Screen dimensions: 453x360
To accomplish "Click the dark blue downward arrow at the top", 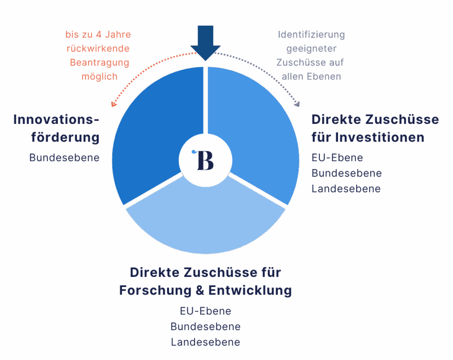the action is coord(205,42).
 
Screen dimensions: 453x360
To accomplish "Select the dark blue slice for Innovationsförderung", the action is coord(153,127).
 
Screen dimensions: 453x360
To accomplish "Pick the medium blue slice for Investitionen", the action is coord(257,127).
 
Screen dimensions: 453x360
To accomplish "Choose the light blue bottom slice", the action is coord(206,220).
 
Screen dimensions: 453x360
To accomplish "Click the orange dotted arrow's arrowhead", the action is coord(114,104).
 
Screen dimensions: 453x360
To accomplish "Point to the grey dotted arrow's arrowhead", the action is coord(297,104).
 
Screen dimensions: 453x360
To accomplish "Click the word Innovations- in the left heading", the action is coord(56,119).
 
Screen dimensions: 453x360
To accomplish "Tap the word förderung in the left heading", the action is coord(65,137).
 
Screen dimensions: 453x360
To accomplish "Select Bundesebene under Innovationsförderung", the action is coord(65,158).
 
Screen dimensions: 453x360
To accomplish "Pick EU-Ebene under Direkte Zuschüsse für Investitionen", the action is coord(337,158).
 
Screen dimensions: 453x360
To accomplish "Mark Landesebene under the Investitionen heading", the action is coord(346,189).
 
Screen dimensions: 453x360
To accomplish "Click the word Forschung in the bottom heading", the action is coord(155,291).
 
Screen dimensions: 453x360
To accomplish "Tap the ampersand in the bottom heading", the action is coord(200,291).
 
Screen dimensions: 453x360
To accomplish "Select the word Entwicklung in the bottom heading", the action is coord(250,291).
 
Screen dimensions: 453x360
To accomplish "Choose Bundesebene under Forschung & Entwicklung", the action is coord(205,326).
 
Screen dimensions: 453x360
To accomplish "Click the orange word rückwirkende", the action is coord(98,49).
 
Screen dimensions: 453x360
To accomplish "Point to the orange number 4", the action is coord(99,34).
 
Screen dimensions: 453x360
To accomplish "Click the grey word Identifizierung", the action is coord(311,34).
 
